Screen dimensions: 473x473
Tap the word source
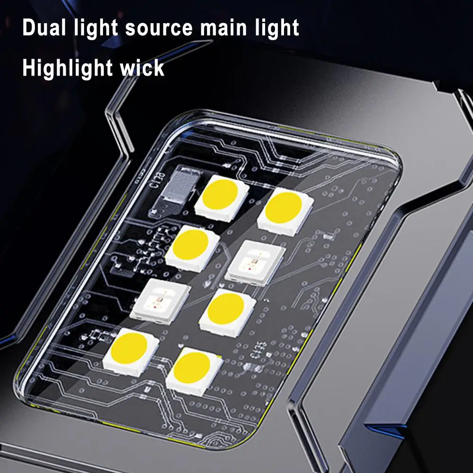point(160,28)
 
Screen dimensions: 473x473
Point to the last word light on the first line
point(277,28)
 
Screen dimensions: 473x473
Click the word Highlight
point(65,69)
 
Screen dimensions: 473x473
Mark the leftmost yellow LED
point(131,349)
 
